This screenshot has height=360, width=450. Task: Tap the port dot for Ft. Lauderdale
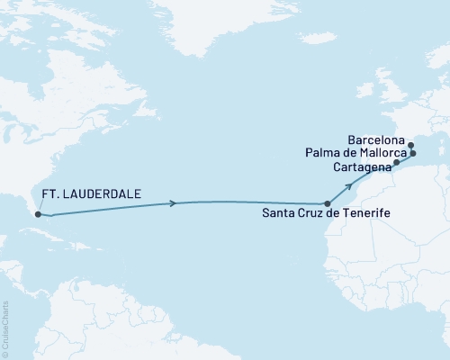38,213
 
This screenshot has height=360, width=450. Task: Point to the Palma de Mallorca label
369,154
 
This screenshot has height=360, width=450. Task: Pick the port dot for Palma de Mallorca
413,154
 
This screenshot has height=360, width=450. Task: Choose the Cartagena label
361,167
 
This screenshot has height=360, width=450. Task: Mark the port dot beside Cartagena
396,163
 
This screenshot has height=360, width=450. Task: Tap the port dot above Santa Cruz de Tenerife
328,204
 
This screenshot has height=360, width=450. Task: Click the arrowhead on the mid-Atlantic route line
172,204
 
